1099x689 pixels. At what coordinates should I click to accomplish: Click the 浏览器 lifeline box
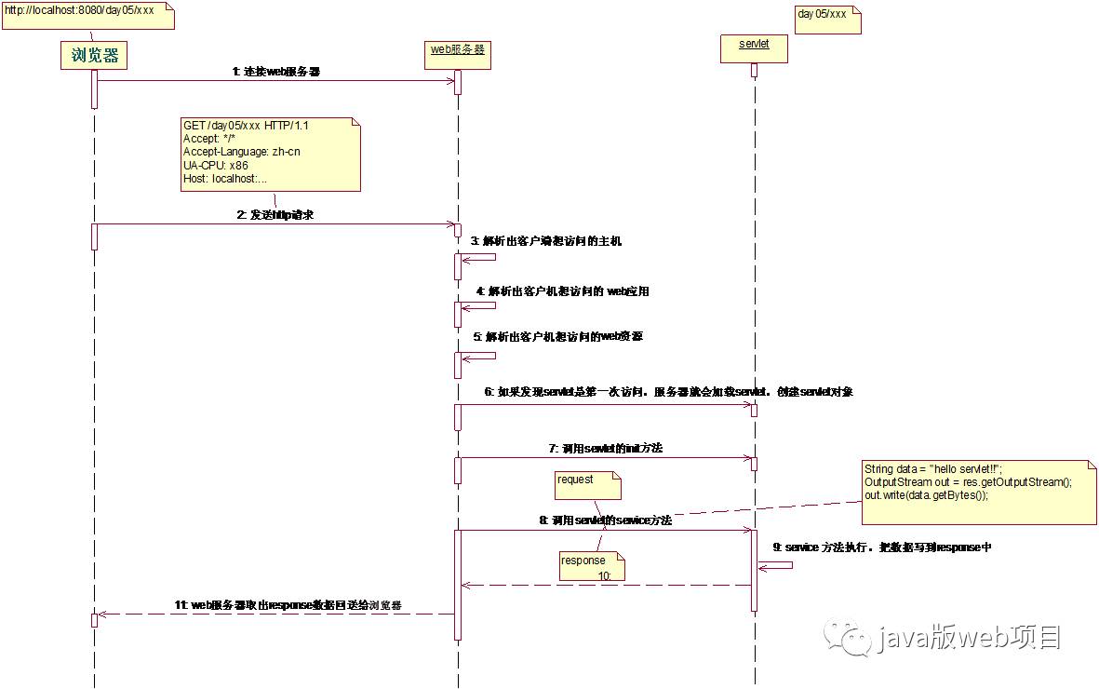pyautogui.click(x=94, y=56)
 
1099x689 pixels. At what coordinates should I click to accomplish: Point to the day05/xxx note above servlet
pyautogui.click(x=826, y=16)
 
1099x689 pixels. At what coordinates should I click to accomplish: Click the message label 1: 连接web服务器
pyautogui.click(x=276, y=71)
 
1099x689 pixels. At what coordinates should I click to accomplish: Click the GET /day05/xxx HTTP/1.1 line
pyautogui.click(x=246, y=125)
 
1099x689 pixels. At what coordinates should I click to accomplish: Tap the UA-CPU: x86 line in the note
pyautogui.click(x=216, y=165)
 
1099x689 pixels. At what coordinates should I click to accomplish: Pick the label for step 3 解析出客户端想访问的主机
pyautogui.click(x=545, y=241)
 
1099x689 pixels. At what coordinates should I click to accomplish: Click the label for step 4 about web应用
pyautogui.click(x=562, y=291)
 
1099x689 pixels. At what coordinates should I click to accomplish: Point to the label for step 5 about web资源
pyautogui.click(x=557, y=336)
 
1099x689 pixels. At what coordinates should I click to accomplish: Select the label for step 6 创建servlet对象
pyautogui.click(x=668, y=392)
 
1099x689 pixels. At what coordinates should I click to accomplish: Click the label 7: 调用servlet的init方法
pyautogui.click(x=605, y=448)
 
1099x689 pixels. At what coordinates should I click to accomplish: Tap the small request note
pyautogui.click(x=583, y=481)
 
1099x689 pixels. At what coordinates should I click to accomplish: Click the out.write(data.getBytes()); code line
pyautogui.click(x=926, y=495)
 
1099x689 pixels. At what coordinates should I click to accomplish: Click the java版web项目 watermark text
pyautogui.click(x=968, y=638)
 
